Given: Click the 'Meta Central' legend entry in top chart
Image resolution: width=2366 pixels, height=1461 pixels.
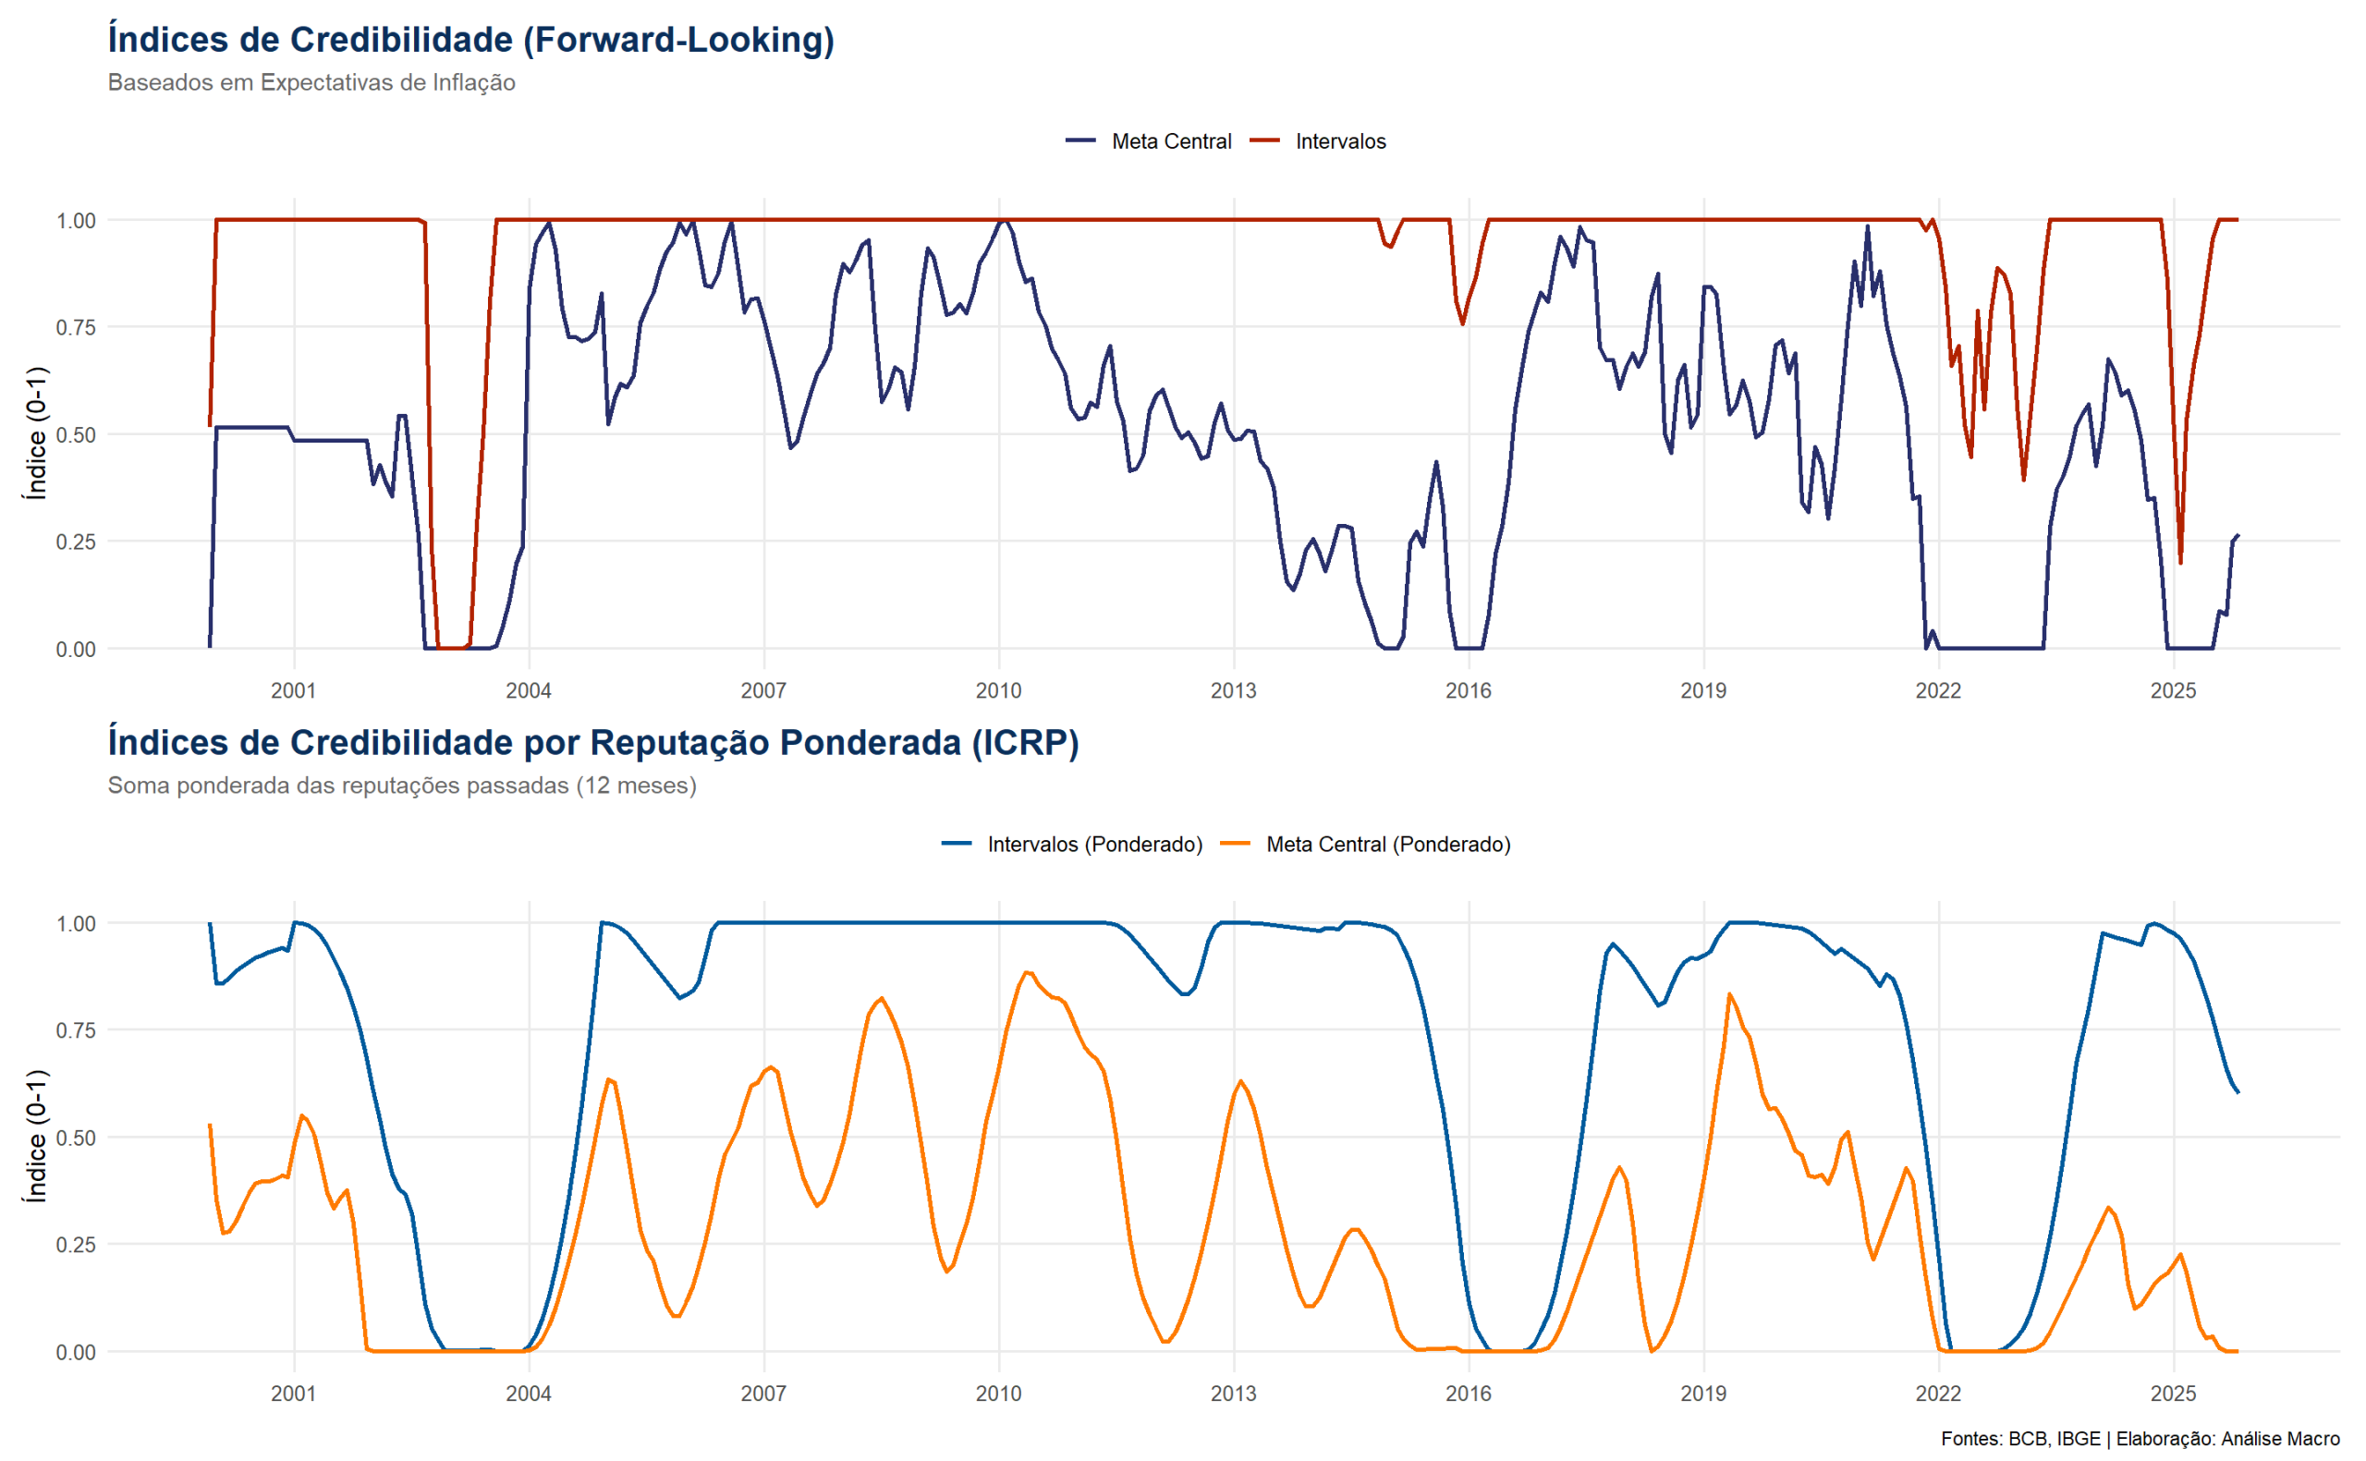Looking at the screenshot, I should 1170,141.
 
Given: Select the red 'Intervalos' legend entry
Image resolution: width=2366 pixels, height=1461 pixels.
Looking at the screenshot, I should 1339,141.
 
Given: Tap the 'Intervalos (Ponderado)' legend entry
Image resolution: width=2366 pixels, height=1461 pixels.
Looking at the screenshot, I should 1093,845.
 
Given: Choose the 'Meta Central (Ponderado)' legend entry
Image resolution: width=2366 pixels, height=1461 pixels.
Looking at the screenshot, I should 1387,845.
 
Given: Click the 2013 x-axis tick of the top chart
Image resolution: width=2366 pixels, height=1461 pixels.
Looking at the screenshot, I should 1233,691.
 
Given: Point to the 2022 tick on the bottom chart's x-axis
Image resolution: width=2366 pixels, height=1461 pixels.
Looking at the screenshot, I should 1938,1394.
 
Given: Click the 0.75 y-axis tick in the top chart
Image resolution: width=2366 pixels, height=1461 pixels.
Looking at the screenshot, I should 76,327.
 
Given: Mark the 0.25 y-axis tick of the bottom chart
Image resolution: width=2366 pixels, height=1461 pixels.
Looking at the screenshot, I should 76,1245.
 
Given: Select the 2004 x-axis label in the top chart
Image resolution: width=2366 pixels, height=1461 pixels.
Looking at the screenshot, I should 529,691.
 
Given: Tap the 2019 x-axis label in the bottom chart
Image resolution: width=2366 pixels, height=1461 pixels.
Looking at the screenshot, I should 1703,1394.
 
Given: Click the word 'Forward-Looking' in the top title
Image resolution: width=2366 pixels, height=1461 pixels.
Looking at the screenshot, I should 682,40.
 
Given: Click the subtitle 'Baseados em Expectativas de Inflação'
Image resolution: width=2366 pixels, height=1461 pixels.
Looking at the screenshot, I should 311,83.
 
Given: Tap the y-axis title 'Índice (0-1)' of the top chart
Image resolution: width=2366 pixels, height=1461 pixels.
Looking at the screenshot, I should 36,432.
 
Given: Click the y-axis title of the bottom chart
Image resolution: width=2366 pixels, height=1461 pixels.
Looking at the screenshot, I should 36,1136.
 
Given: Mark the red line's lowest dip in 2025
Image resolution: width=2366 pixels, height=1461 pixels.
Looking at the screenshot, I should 2180,563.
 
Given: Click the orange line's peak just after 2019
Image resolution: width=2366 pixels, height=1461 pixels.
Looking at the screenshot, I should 1728,994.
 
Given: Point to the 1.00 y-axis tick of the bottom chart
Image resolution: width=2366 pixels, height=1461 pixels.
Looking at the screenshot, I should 76,924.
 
